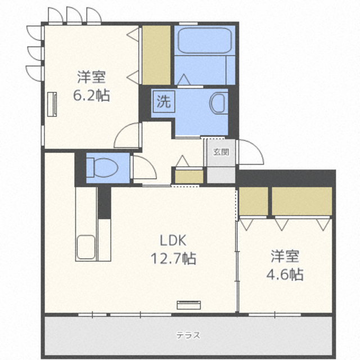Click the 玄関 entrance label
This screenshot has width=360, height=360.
pos(221,152)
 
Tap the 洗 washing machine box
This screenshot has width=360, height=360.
pos(164,101)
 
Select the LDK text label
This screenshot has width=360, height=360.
pos(173,241)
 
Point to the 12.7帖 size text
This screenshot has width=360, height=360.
pos(173,259)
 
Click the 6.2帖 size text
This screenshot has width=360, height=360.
pos(91,95)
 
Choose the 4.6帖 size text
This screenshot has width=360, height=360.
pos(285,274)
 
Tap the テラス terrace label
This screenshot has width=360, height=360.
pos(188,335)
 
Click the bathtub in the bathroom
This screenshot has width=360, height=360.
pos(205,40)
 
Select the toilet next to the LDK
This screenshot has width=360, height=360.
pos(102,168)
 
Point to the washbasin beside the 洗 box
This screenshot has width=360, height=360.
pos(219,103)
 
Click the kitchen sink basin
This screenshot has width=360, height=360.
pos(86,247)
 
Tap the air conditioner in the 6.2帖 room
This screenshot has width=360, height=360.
pos(52,104)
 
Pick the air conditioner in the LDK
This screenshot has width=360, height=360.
pos(189,305)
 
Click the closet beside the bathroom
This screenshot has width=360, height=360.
pos(156,55)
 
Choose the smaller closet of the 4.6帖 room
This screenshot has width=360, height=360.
pos(253,201)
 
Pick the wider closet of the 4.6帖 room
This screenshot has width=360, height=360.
pos(302,201)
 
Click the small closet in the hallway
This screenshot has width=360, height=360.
pos(189,176)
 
